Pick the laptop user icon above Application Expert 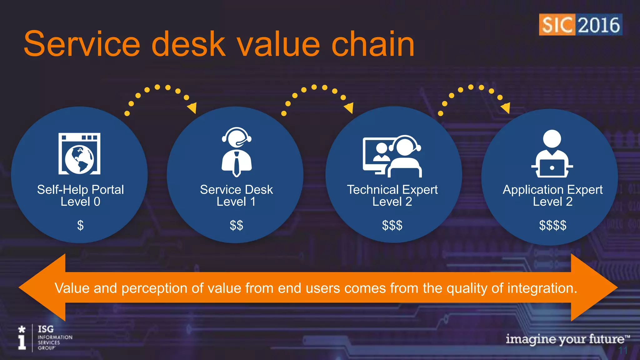552,154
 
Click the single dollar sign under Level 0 80,225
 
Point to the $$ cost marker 236,225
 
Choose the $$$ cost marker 392,225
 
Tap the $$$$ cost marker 552,225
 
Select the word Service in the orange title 82,44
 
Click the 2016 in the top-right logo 599,25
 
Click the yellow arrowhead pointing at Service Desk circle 192,108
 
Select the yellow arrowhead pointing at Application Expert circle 506,108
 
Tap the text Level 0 80,202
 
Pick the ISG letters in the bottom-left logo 46,329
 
